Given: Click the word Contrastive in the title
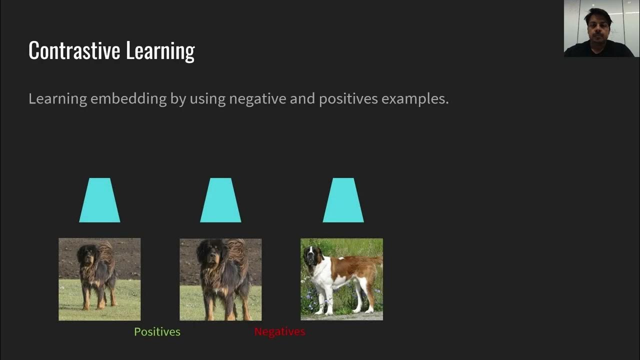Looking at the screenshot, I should click(74, 50).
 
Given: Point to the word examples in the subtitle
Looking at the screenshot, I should click(414, 98).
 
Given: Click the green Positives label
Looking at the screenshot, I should click(157, 332).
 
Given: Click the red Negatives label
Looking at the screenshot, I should click(279, 332).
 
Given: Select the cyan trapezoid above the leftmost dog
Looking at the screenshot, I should click(99, 200).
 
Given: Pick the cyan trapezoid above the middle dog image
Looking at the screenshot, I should click(220, 200).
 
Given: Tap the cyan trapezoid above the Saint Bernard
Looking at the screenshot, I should click(343, 200).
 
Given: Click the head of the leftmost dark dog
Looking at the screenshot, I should click(85, 254).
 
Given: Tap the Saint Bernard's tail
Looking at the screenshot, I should click(374, 261).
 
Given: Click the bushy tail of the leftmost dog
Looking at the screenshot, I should click(106, 252).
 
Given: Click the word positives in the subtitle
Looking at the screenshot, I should click(348, 98).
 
